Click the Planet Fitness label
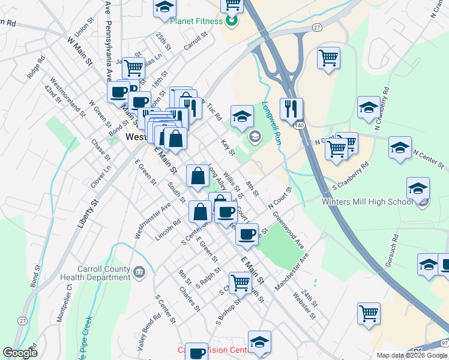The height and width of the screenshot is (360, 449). (195, 22)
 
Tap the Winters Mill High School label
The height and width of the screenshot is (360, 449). (367, 201)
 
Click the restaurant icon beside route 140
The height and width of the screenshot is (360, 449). (291, 109)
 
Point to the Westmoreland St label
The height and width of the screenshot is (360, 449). (68, 97)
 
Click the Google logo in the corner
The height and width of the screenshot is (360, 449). (20, 353)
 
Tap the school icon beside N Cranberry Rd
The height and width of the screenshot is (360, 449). (369, 107)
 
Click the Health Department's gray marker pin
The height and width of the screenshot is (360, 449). (139, 274)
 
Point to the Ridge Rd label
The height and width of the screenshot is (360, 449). (37, 68)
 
